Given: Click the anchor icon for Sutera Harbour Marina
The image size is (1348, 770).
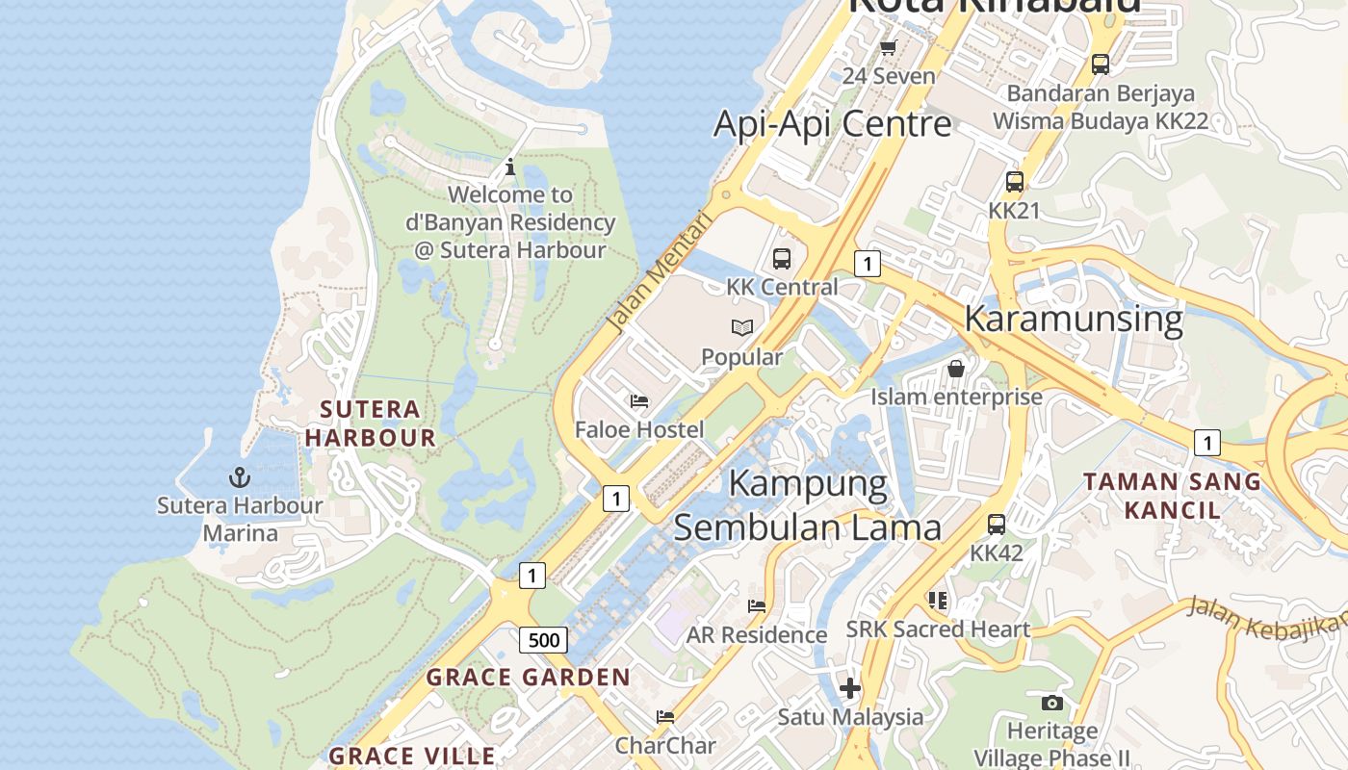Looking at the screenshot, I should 239,476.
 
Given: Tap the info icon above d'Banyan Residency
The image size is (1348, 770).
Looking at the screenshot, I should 510,167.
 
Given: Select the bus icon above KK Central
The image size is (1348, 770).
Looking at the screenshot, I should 781,258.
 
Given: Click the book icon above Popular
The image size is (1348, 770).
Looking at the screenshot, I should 741,328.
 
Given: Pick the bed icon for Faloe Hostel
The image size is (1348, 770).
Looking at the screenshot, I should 639,401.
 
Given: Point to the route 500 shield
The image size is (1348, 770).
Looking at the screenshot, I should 543,639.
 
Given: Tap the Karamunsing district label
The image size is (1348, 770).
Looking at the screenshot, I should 1073,319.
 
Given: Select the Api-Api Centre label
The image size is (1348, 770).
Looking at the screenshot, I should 832,124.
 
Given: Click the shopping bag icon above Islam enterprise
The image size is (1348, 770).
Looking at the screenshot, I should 956,369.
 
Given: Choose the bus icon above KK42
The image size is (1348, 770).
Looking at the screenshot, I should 997,525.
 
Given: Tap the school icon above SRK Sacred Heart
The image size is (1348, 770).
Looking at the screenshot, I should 938,601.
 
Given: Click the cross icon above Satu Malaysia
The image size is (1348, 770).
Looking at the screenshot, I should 849,688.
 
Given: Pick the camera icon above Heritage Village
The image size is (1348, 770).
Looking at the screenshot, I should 1051,703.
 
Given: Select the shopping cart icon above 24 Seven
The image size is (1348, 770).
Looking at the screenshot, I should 889,47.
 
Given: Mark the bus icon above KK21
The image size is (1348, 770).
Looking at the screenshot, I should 1014,181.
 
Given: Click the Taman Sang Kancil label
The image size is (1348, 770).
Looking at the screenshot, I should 1172,495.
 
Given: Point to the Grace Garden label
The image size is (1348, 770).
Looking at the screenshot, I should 528,678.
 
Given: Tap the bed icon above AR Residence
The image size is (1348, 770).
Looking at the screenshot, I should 757,606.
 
